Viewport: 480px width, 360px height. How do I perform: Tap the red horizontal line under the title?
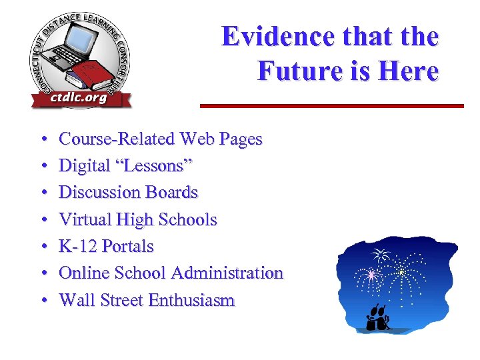pyautogui.click(x=332, y=105)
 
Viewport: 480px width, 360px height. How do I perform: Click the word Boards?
pyautogui.click(x=170, y=193)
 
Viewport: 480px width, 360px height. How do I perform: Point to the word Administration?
pyautogui.click(x=227, y=273)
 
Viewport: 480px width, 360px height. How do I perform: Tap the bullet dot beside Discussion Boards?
pyautogui.click(x=43, y=193)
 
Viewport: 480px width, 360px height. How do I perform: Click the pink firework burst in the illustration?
pyautogui.click(x=371, y=274)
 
